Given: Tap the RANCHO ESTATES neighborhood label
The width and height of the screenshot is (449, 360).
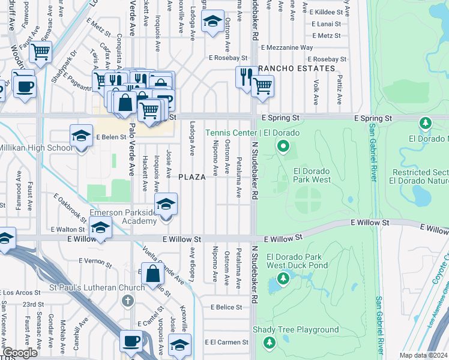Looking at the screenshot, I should [297, 68].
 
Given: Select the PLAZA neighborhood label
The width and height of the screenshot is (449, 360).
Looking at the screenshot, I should [191, 176].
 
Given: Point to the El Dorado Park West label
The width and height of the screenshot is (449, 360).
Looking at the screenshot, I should [312, 175].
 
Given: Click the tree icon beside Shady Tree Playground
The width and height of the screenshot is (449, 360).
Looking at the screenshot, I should [270, 342].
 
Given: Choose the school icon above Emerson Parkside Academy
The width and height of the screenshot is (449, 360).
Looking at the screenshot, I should [166, 203].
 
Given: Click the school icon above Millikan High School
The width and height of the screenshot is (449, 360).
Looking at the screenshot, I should [81, 135].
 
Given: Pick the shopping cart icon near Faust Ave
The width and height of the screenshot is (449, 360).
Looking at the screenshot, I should [41, 52].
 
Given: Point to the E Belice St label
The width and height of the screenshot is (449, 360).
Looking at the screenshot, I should [226, 307].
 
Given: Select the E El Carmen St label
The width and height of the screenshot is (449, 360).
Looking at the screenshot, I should [226, 342].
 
